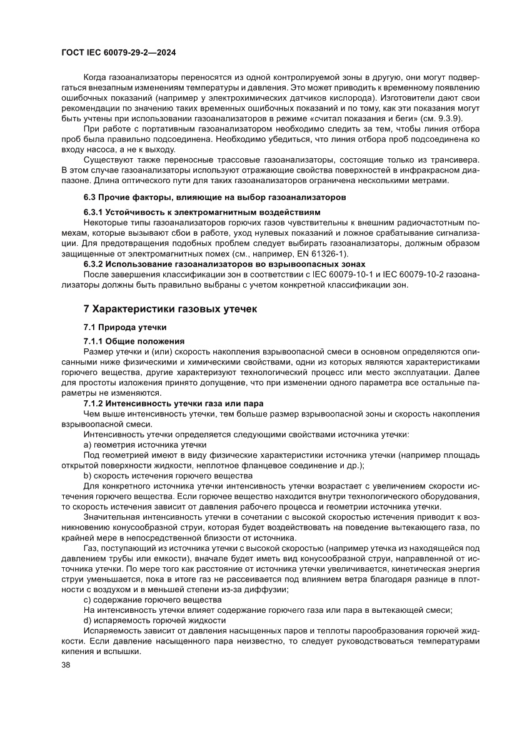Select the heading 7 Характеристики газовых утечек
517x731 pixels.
(170, 308)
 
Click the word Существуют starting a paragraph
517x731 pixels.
(106, 159)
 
